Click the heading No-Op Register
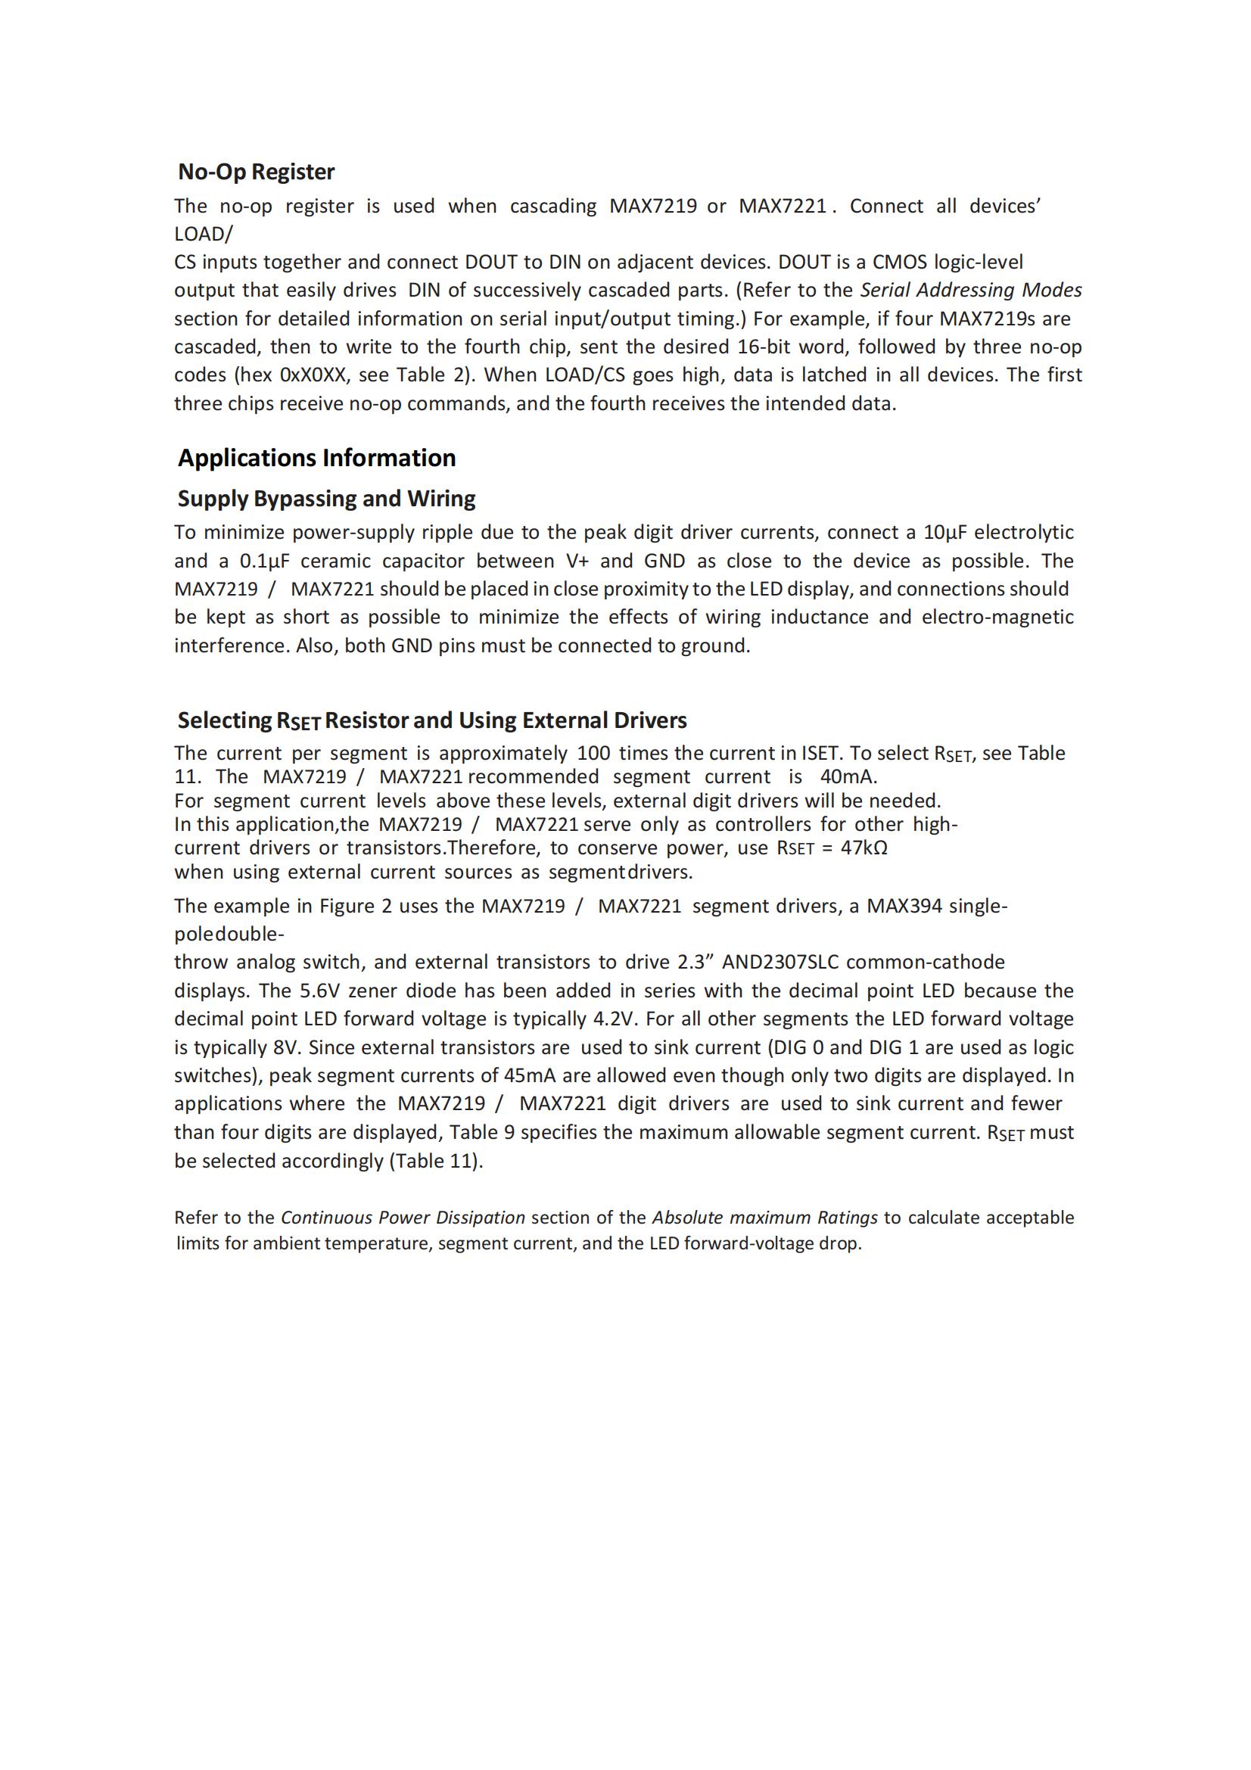[256, 172]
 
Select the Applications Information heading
[317, 458]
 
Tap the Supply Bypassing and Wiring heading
[326, 499]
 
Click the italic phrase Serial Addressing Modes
[970, 291]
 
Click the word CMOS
[900, 262]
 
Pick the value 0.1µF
[263, 561]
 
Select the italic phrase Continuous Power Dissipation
[403, 1218]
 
